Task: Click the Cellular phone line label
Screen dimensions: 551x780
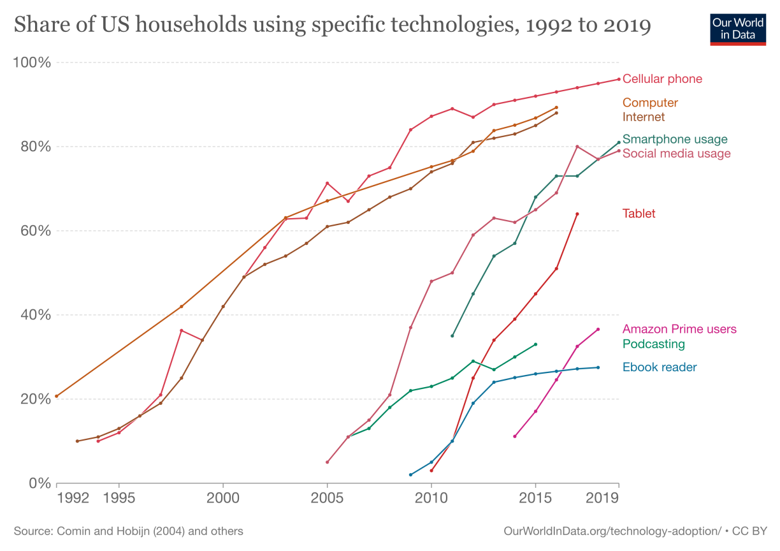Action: [x=662, y=79]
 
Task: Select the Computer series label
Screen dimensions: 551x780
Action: [x=650, y=103]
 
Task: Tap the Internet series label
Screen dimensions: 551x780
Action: [x=643, y=117]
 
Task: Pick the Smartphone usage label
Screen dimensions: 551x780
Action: [x=675, y=139]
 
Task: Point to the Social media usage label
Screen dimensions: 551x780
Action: [x=676, y=154]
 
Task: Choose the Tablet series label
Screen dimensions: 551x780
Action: [x=639, y=214]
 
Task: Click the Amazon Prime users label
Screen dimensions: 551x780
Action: [x=679, y=329]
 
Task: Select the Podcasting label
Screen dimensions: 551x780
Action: [x=653, y=344]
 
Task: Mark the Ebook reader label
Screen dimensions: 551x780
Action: [x=660, y=367]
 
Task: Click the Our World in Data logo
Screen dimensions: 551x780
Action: [x=738, y=28]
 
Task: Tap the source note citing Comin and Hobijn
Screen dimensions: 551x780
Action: [x=128, y=531]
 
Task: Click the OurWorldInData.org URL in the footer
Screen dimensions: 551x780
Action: [x=612, y=531]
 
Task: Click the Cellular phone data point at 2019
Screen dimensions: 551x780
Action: [x=618, y=79]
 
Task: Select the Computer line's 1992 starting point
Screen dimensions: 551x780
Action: [x=57, y=396]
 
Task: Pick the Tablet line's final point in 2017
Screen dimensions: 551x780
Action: [x=577, y=214]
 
